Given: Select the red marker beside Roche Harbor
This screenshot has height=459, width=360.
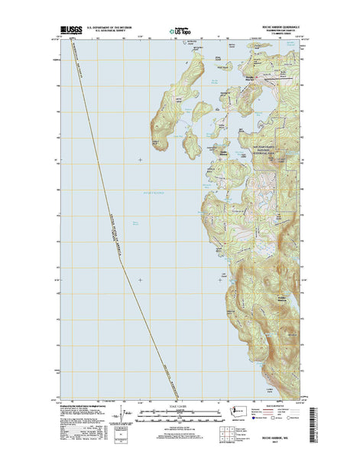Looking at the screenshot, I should (x=245, y=77).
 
